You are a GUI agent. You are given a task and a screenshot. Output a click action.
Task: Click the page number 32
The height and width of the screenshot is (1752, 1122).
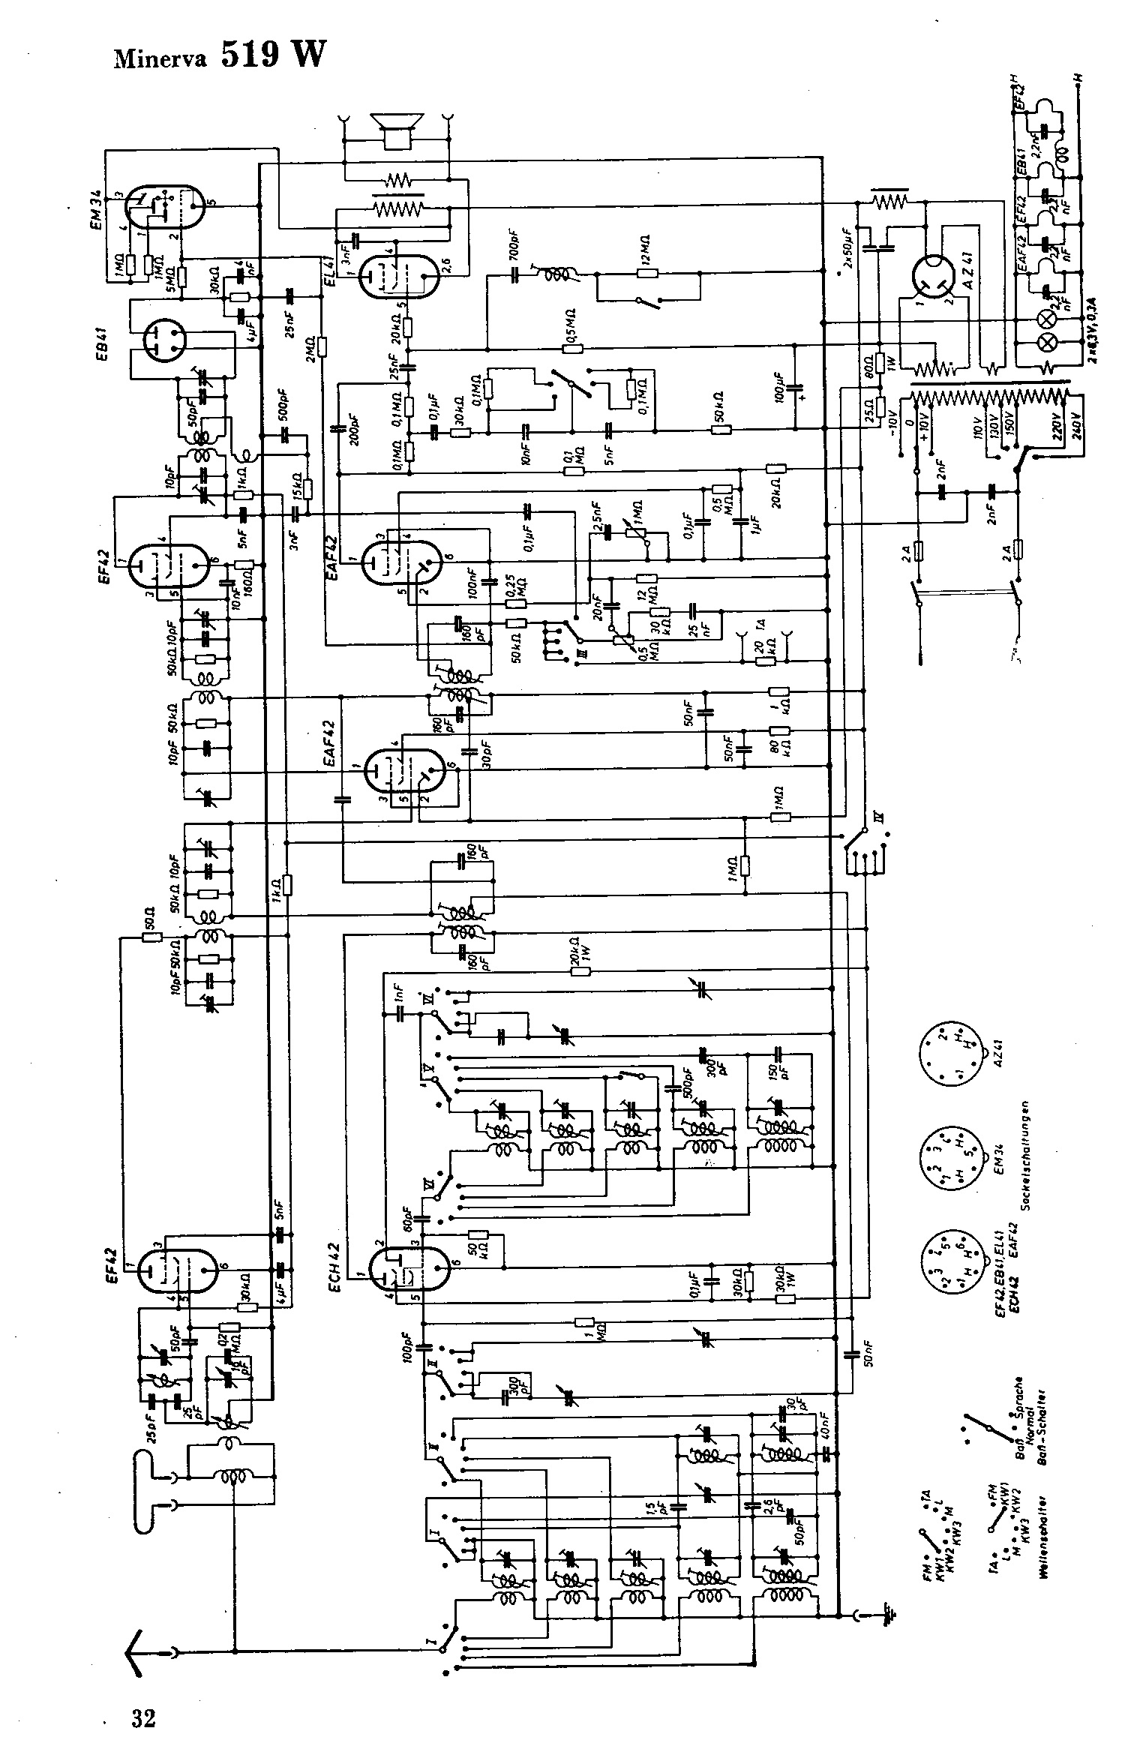coord(142,1711)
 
